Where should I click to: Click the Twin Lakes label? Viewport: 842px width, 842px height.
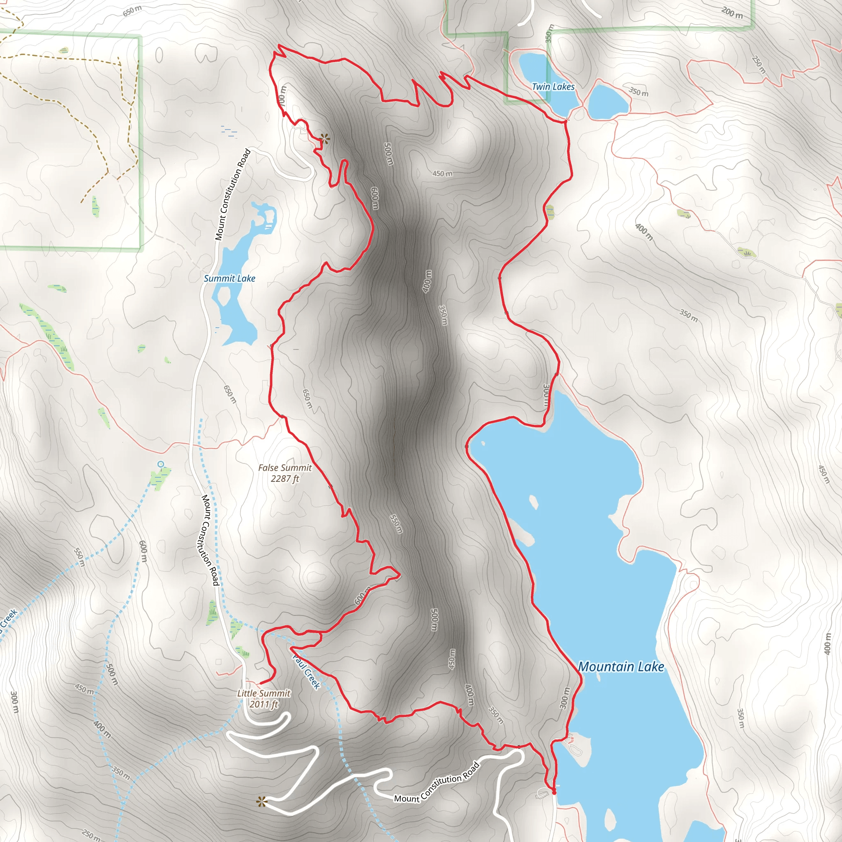553,87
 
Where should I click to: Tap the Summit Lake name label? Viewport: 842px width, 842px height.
230,278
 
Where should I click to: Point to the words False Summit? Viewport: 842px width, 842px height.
285,467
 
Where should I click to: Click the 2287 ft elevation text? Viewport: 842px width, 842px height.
285,479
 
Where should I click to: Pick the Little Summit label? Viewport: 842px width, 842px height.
264,693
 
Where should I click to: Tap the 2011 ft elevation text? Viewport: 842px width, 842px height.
264,704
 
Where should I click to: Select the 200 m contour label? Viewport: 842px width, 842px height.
732,13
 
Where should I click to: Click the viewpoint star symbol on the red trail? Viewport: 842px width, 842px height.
324,139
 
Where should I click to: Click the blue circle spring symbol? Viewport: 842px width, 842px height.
161,464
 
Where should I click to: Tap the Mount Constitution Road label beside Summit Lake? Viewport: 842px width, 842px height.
233,195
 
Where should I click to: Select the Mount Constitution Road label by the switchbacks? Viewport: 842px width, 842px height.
437,782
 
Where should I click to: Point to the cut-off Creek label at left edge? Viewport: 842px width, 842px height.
8,619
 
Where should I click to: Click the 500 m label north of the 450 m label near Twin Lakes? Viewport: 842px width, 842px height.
388,154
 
